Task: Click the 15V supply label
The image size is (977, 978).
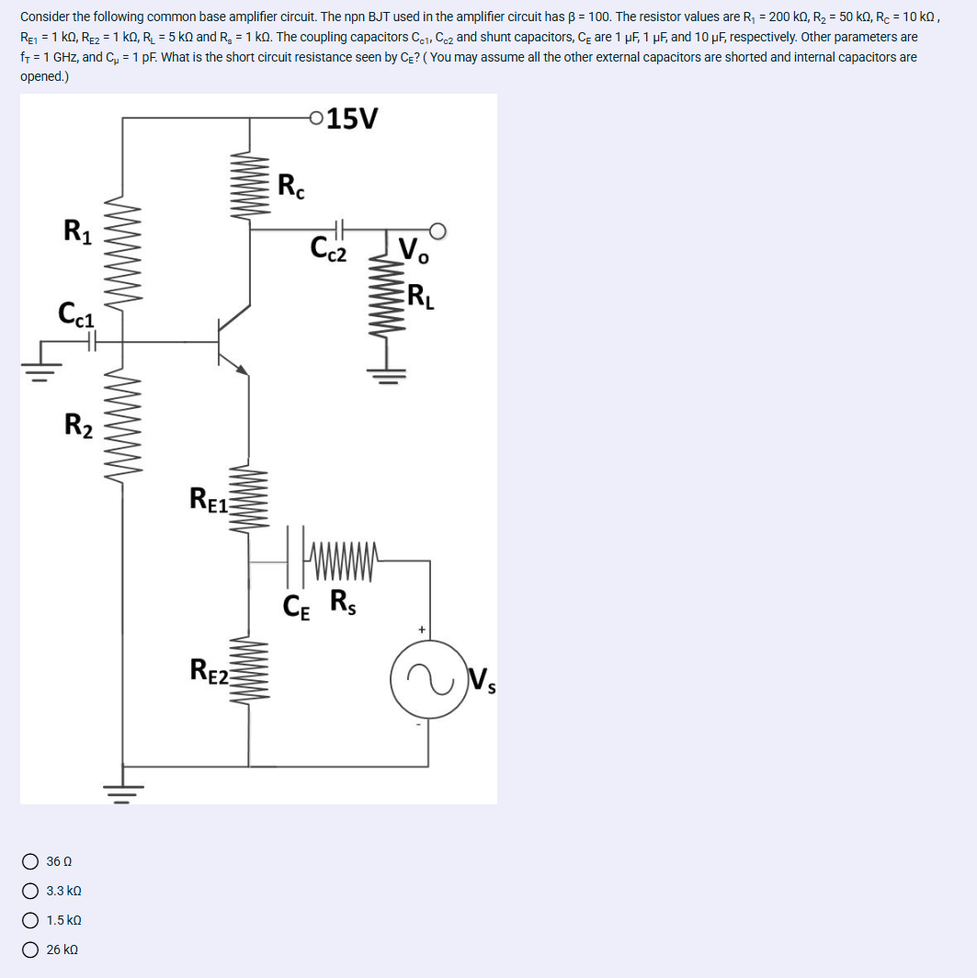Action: click(352, 119)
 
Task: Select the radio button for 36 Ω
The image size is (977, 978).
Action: click(31, 861)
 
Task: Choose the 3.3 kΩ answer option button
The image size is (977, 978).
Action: click(31, 891)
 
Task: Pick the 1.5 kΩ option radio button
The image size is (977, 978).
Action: click(31, 920)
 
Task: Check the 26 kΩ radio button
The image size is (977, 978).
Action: click(31, 950)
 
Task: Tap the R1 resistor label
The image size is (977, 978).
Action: click(77, 230)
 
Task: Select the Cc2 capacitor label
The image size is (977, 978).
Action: click(329, 248)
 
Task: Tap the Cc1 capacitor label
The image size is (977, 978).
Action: click(76, 313)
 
